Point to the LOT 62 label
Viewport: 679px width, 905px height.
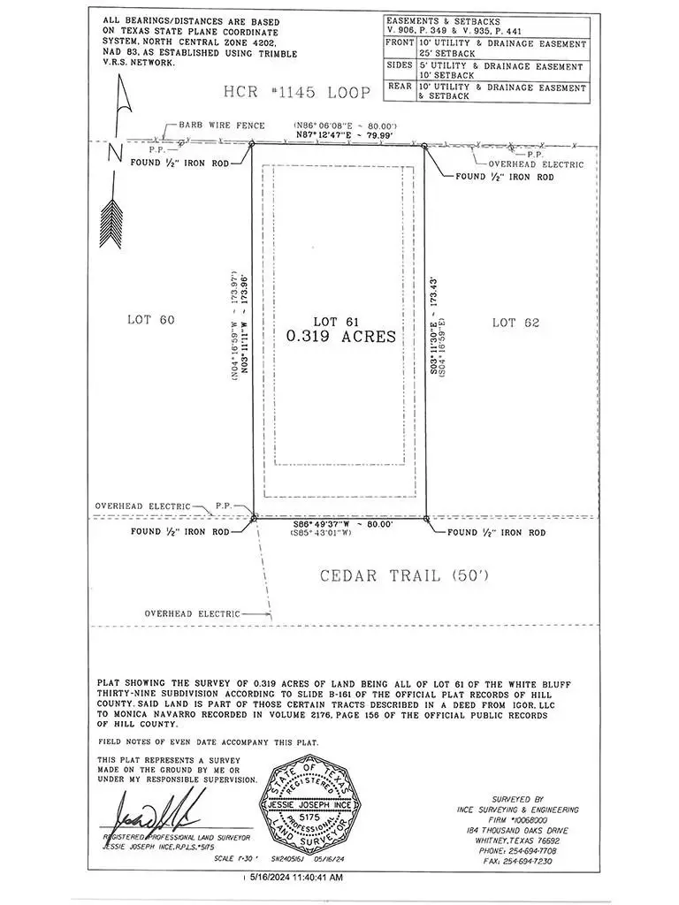pyautogui.click(x=515, y=323)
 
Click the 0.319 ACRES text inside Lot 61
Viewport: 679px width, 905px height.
pyautogui.click(x=340, y=337)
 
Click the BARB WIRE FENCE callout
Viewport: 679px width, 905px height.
pyautogui.click(x=222, y=125)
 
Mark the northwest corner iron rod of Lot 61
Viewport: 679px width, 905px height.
pyautogui.click(x=253, y=145)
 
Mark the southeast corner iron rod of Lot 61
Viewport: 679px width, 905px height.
pyautogui.click(x=426, y=519)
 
